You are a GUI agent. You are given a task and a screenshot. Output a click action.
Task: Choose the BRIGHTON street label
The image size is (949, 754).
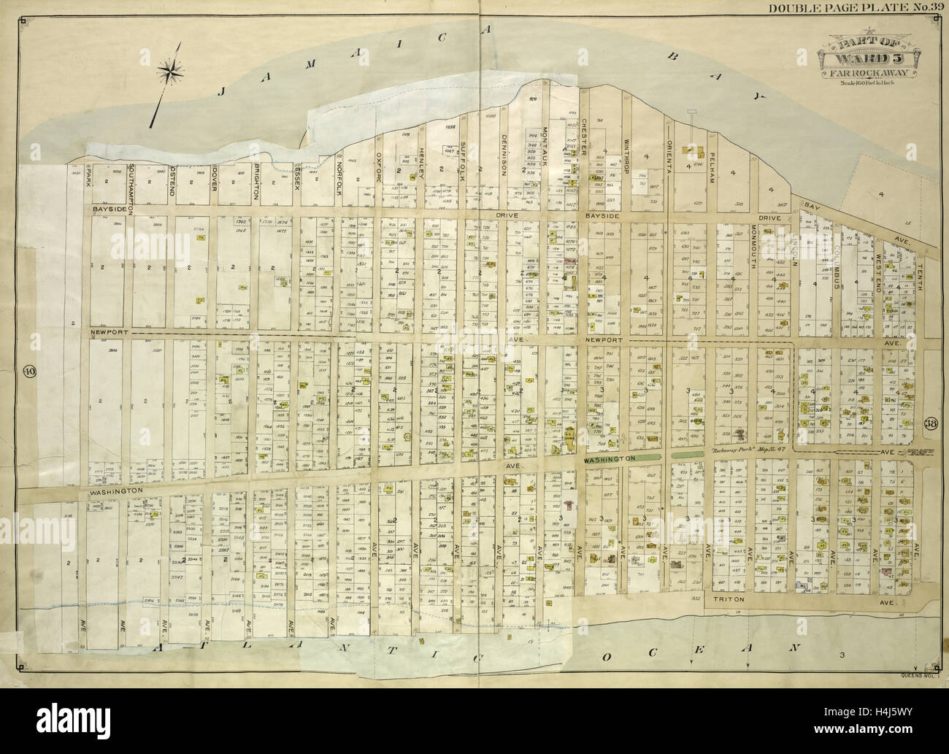tap(256, 187)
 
